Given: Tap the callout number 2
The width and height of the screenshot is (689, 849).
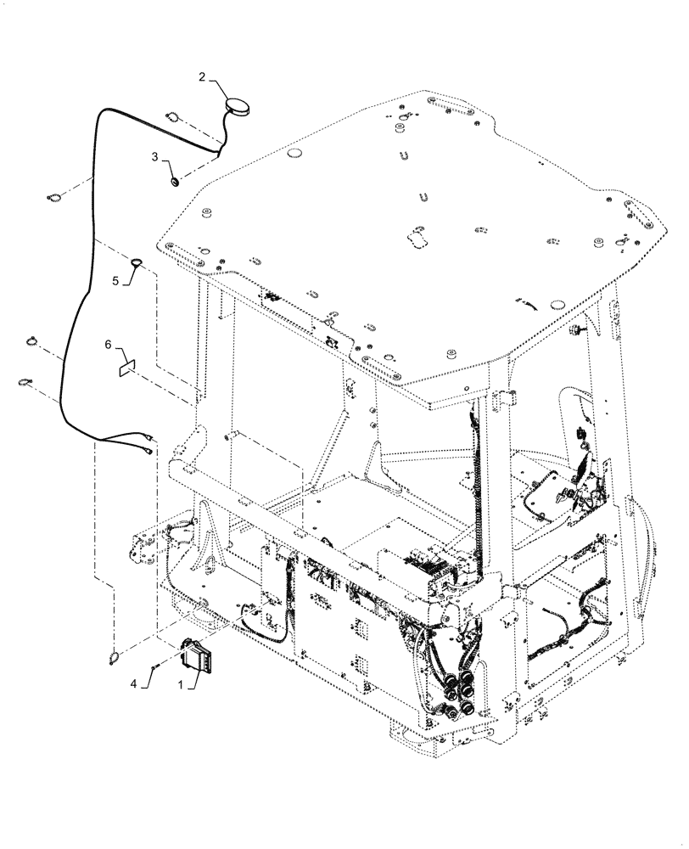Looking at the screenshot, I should tap(202, 77).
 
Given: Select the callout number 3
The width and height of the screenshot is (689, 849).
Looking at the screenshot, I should tap(154, 157).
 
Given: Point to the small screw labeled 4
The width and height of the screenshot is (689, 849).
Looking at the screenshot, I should tap(152, 667).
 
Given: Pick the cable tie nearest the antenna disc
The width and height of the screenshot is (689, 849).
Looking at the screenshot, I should tap(172, 117).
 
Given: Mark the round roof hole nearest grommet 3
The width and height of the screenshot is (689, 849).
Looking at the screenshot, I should tap(294, 153).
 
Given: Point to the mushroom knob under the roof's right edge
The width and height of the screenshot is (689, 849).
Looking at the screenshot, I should tap(577, 327).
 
